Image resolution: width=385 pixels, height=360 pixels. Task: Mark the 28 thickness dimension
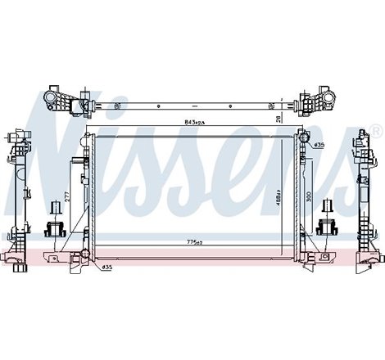[279, 119]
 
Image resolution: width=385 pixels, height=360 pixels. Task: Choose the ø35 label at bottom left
[107, 267]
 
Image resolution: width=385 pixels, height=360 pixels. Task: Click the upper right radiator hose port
[305, 145]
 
